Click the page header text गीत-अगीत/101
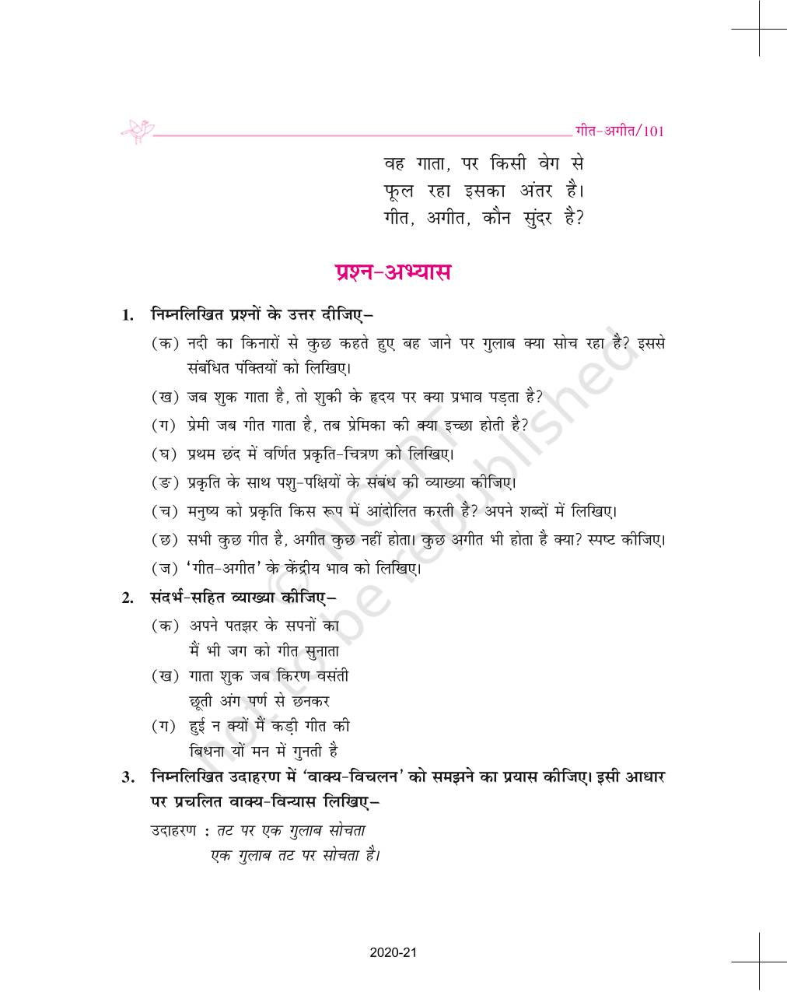coord(619,131)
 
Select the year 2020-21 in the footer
coord(394,952)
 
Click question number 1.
coord(128,316)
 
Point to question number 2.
coord(128,598)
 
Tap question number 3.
coord(128,777)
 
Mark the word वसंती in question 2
coord(327,675)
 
